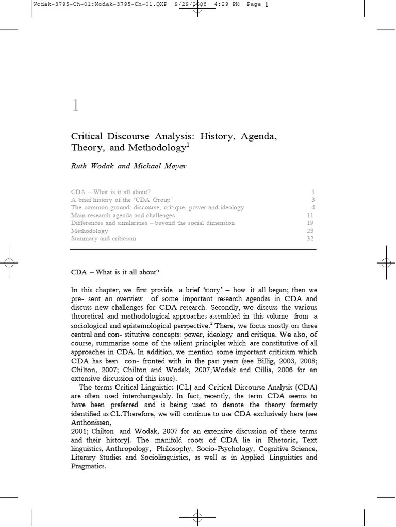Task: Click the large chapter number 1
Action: (75, 106)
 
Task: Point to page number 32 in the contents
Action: (310, 239)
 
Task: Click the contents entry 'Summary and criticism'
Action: (103, 239)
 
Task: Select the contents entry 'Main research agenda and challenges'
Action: (123, 215)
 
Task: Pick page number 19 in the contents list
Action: (310, 223)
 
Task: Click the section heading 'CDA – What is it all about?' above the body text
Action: (119, 272)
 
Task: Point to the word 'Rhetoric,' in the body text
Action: (283, 440)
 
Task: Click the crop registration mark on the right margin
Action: (386, 263)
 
